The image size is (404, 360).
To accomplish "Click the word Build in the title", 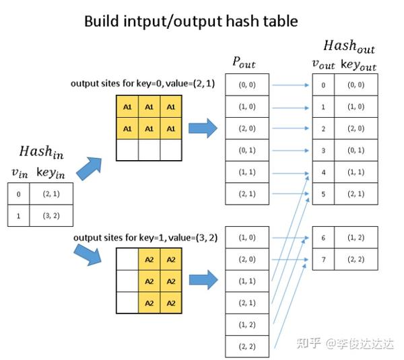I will click(102, 21).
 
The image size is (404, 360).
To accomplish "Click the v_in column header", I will click(19, 173).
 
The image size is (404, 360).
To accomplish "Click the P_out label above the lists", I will click(243, 63).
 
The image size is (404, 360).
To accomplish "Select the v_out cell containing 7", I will click(324, 259).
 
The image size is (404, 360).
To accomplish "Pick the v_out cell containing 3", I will click(324, 151).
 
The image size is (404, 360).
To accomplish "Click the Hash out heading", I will click(349, 47).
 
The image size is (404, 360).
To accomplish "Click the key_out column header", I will click(358, 65).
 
